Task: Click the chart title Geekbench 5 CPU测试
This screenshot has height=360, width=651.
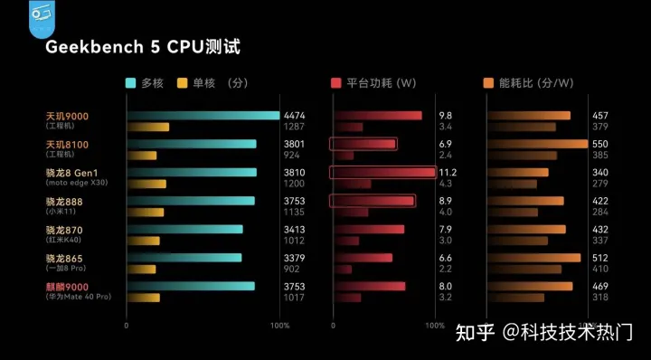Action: [x=144, y=45]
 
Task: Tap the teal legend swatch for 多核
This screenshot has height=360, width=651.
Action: [x=131, y=83]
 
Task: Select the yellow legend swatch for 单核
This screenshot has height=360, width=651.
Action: [x=183, y=83]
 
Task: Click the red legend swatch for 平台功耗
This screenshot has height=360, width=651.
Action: [x=337, y=83]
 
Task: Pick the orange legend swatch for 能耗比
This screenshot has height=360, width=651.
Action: [x=489, y=83]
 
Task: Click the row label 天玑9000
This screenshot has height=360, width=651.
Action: [x=67, y=116]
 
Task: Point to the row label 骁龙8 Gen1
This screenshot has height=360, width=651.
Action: [x=71, y=173]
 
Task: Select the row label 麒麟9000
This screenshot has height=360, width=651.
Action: [x=67, y=287]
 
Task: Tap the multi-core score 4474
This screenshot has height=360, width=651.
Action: [x=295, y=116]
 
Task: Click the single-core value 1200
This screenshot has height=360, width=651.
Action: [x=295, y=184]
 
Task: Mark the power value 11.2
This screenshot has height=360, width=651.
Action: [x=448, y=173]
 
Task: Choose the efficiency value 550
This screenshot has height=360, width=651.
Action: [x=599, y=145]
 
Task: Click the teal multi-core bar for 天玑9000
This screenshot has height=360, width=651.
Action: [x=203, y=116]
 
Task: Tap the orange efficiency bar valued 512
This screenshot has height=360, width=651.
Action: [x=533, y=258]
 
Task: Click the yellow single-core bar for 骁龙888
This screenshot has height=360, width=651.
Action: [x=145, y=213]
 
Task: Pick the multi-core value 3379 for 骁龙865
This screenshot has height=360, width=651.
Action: [x=295, y=258]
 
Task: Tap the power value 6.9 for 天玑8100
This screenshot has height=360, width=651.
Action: [x=445, y=145]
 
